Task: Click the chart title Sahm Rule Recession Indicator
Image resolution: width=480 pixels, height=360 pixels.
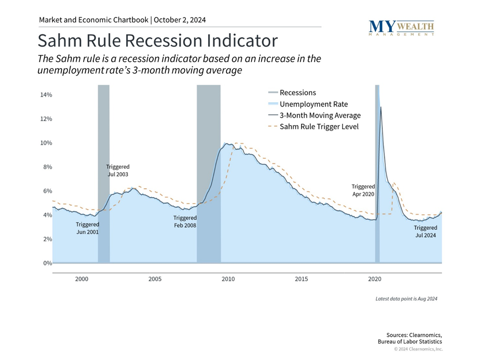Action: pos(157,40)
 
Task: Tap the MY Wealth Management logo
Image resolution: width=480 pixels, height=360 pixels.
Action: pos(401,28)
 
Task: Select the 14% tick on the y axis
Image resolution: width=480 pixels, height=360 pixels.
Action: pos(45,95)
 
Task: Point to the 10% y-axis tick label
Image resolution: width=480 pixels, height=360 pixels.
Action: pos(45,143)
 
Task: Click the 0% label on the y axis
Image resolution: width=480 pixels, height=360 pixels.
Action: pos(47,263)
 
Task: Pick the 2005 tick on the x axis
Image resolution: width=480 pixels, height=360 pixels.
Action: pos(155,279)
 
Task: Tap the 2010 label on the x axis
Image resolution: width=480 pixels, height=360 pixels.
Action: pos(228,279)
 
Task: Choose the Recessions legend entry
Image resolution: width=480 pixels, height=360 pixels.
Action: pos(297,93)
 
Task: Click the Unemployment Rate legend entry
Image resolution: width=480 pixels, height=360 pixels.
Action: pos(313,104)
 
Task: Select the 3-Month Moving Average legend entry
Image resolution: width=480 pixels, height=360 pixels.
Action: pos(320,116)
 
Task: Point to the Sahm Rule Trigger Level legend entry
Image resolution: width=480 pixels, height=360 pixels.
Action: pos(319,126)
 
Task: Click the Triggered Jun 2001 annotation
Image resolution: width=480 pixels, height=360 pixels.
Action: pos(88,228)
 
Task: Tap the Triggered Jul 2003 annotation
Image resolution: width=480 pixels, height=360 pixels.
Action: pos(118,171)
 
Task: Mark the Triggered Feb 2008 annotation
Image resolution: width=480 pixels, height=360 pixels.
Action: pos(185,222)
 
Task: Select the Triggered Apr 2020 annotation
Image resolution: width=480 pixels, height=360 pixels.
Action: pos(363,190)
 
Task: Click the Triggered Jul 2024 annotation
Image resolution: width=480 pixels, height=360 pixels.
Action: pos(425,232)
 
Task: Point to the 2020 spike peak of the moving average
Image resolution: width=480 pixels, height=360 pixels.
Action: pos(381,107)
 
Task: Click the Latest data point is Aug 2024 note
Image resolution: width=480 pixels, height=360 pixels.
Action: pos(406,299)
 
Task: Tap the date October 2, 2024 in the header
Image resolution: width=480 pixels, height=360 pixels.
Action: pos(180,20)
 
